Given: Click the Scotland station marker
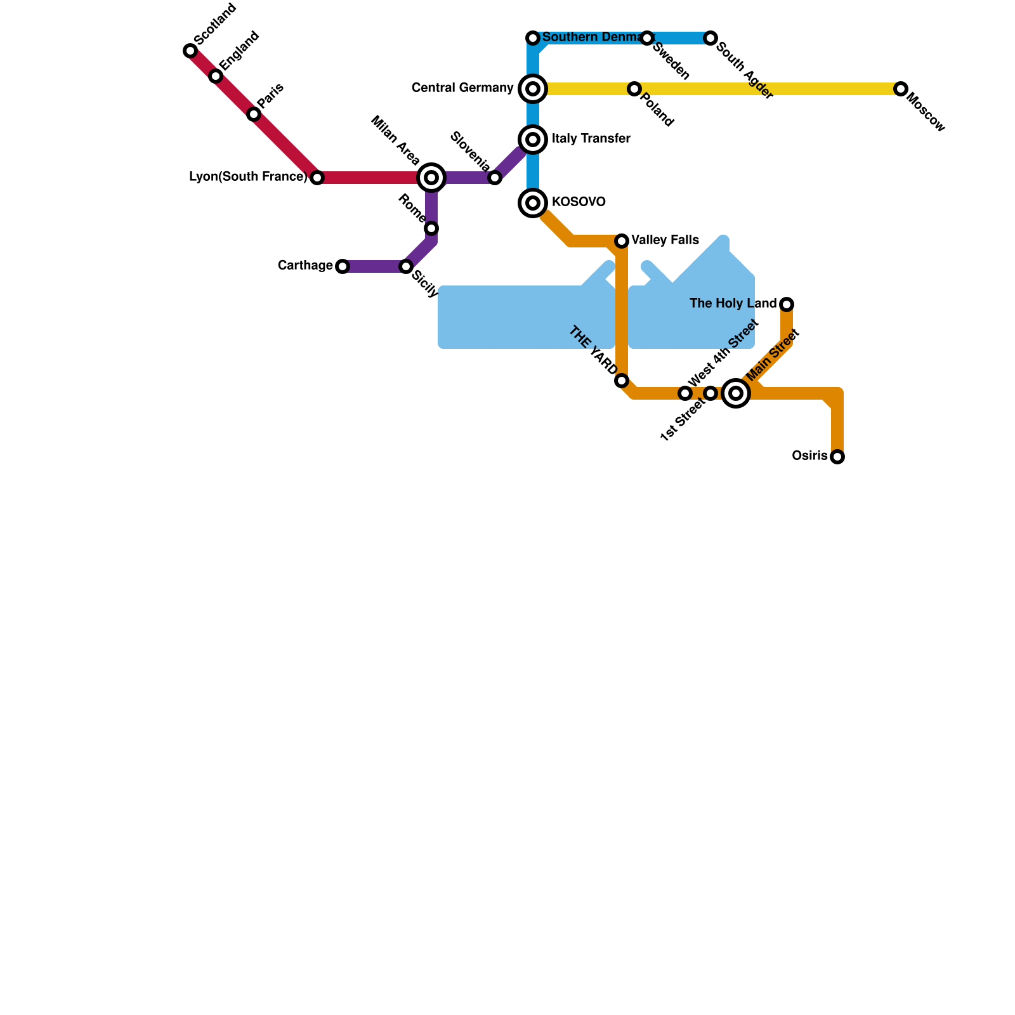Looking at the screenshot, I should (x=190, y=51).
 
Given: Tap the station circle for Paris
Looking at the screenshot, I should (x=254, y=114).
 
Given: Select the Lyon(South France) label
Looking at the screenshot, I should (x=248, y=177).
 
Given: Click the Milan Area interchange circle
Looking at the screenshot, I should (x=431, y=178).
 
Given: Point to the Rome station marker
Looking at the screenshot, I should (x=431, y=228).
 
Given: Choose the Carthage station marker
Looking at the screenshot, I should (x=343, y=266).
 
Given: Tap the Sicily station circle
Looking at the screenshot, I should (x=406, y=266).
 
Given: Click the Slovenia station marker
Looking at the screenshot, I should (x=495, y=178).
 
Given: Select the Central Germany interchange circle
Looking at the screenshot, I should (x=533, y=89).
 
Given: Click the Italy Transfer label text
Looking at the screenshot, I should (x=591, y=139).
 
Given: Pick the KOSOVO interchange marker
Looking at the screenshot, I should (x=533, y=203).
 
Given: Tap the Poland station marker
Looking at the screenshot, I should (x=634, y=89).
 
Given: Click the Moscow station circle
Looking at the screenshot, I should (x=901, y=89).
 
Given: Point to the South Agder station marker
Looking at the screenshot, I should (x=710, y=38).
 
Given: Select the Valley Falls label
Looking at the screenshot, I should (x=665, y=240).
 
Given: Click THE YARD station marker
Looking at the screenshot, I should (x=622, y=381).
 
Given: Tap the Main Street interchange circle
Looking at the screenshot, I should (x=736, y=393).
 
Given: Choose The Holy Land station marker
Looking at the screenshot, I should (x=787, y=304).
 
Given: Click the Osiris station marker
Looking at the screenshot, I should (x=837, y=457).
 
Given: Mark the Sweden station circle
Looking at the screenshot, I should (x=647, y=38).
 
